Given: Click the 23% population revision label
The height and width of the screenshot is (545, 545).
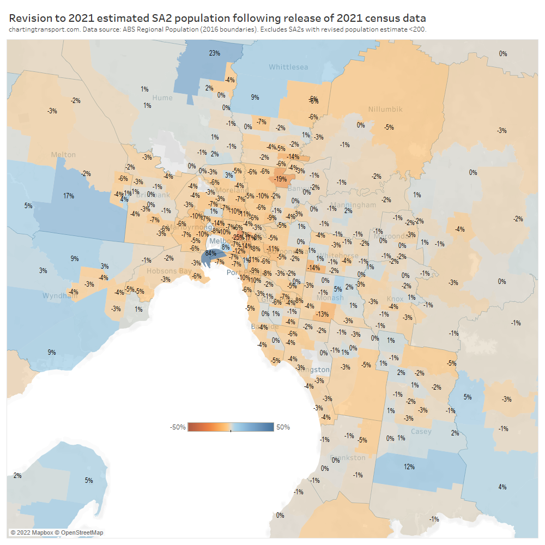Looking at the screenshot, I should tap(214, 53).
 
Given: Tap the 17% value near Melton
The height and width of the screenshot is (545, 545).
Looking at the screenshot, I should tap(68, 196).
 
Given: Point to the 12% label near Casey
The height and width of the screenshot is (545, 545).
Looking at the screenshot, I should tap(409, 467).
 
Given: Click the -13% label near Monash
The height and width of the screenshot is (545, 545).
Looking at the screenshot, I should tap(322, 314).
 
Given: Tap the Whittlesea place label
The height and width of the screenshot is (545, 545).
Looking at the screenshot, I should tap(288, 67).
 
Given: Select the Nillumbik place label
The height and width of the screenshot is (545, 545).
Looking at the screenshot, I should tap(385, 109).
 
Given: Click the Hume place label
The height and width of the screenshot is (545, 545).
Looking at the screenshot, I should tap(162, 98).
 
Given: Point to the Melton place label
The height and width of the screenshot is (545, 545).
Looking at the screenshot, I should tap(63, 155).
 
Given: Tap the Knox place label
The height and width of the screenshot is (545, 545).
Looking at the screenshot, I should tap(395, 299).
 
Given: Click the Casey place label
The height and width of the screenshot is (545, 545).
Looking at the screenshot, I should tap(421, 431).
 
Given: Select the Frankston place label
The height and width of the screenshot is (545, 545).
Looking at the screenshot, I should tap(348, 458).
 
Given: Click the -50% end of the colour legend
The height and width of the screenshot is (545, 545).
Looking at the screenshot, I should tap(178, 427).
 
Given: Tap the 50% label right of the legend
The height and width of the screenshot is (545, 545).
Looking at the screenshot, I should tap(283, 427).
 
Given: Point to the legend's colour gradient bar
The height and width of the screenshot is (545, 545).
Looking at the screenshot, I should tap(231, 427).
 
